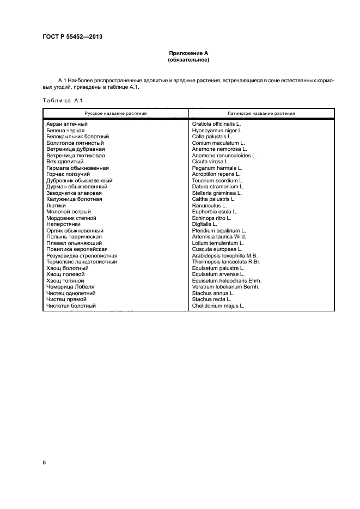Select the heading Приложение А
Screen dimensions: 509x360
coord(188,53)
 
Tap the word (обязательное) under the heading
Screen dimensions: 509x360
coord(188,60)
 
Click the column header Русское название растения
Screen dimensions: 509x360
coord(115,113)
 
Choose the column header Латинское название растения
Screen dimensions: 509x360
coord(261,113)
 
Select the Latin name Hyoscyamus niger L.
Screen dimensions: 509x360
coord(217,130)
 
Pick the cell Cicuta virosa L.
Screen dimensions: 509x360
coord(211,162)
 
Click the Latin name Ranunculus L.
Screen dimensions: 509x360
coord(209,206)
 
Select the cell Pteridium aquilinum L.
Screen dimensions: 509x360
coord(219,231)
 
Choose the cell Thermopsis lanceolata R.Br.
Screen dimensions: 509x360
coord(226,262)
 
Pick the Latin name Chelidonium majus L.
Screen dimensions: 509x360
coord(218,306)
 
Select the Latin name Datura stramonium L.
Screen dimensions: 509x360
coord(217,187)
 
